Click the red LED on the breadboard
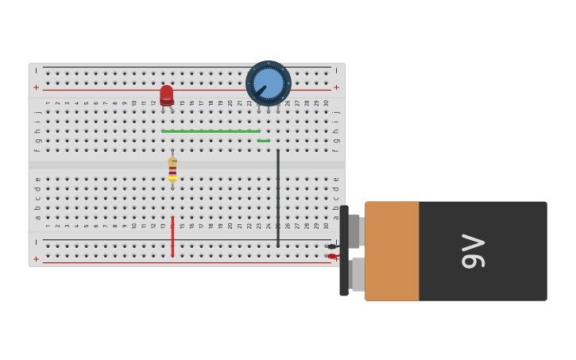166,95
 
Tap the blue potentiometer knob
269,83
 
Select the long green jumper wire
211,131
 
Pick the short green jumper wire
263,141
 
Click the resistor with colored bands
172,168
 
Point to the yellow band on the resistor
172,178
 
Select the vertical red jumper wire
172,236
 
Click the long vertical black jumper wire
278,197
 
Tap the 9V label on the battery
474,251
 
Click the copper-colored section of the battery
392,251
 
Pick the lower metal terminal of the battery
358,274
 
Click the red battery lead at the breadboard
331,256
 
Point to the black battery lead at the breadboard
331,246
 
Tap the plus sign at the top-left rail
36,87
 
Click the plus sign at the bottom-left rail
36,259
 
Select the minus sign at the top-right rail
336,70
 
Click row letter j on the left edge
37,112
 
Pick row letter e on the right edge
336,180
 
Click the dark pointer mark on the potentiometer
260,91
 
